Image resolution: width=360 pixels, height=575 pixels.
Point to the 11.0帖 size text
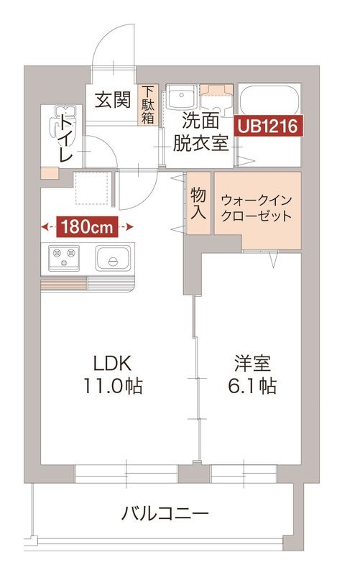[114, 386]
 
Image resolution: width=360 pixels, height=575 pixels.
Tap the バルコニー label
[165, 514]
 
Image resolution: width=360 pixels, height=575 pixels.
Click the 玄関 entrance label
[112, 100]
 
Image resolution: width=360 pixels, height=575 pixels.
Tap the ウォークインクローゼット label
[257, 206]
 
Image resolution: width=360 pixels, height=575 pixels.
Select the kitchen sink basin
[112, 257]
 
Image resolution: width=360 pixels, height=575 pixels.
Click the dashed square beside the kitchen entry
[91, 189]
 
